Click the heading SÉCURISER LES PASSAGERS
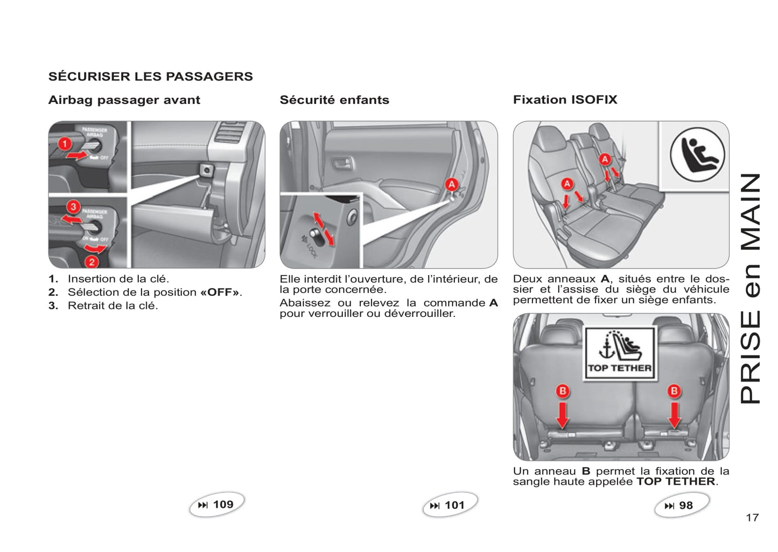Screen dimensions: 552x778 (x=150, y=76)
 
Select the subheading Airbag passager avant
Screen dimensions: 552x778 (x=124, y=100)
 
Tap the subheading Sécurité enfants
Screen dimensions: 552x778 (x=334, y=100)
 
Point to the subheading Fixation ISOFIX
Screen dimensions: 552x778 (x=565, y=100)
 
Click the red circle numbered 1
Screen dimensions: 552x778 (x=65, y=144)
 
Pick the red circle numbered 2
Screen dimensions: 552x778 (x=92, y=261)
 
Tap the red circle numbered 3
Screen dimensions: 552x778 (x=73, y=207)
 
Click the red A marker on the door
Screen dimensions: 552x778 (x=451, y=185)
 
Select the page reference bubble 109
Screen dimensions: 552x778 (x=216, y=505)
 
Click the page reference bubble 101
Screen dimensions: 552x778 (x=450, y=505)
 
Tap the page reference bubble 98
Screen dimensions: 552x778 (x=681, y=506)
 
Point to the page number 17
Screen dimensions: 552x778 (x=752, y=518)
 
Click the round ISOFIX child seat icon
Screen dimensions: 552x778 (x=697, y=154)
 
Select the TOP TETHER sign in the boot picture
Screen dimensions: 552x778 (x=620, y=353)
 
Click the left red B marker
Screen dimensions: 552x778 (x=563, y=391)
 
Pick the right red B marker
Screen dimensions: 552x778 (x=674, y=391)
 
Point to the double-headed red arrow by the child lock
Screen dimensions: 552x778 (x=324, y=229)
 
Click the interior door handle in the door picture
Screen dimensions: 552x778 (x=342, y=162)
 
